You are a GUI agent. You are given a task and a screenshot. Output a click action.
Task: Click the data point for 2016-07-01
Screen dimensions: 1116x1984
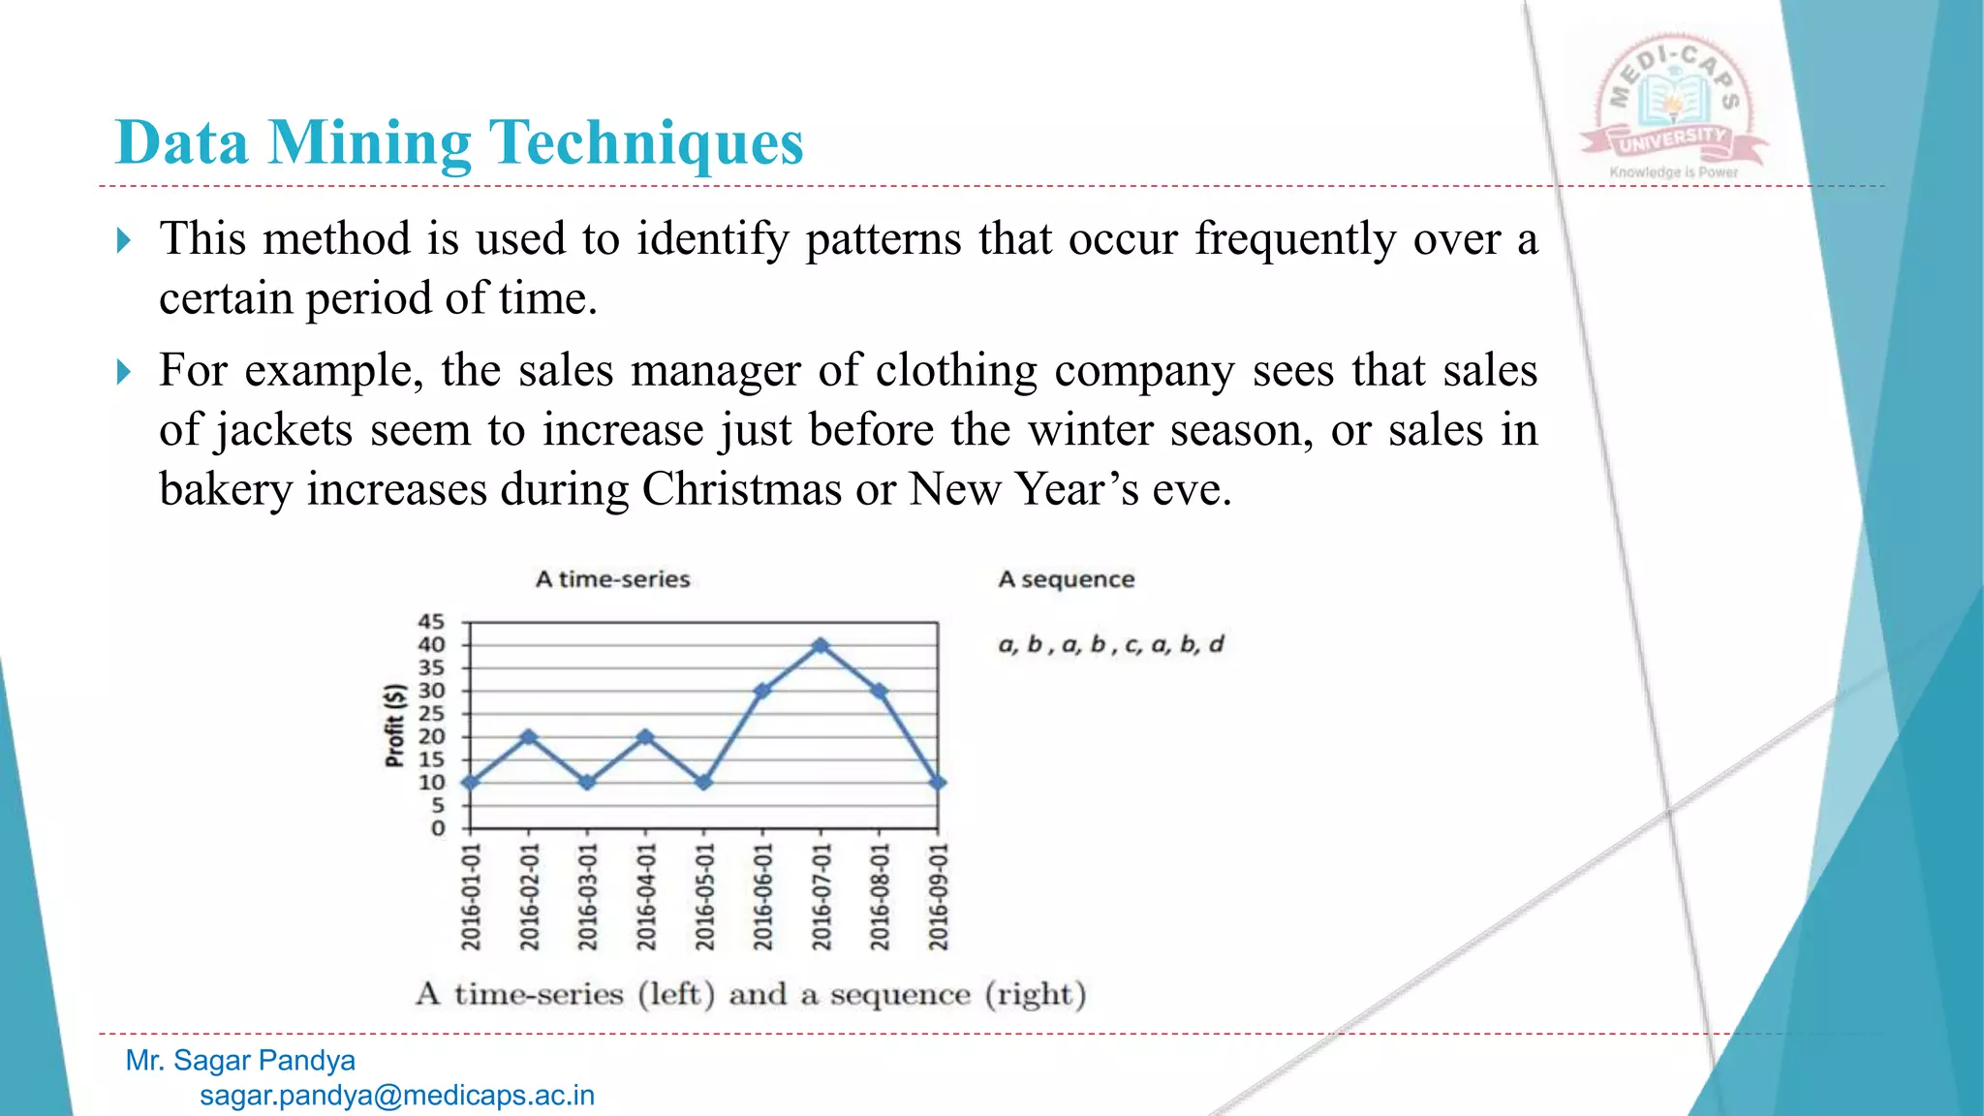[x=821, y=645]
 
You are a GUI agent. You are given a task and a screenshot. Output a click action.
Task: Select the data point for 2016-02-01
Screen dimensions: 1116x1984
[x=529, y=736]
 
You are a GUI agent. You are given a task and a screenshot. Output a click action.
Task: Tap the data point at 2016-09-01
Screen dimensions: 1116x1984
[x=938, y=782]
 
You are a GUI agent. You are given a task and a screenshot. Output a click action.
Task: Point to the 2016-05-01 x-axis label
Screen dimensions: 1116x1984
[x=704, y=896]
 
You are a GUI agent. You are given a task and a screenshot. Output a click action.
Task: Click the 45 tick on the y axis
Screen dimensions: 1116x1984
[x=431, y=622]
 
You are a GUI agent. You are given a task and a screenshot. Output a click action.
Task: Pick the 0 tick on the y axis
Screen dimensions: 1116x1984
[x=438, y=828]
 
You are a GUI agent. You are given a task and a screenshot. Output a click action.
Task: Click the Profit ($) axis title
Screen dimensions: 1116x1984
[x=394, y=726]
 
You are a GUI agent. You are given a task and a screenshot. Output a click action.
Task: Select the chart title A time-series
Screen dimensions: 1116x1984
[x=612, y=579]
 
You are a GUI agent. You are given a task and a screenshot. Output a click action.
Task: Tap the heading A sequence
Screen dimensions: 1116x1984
[x=1066, y=579]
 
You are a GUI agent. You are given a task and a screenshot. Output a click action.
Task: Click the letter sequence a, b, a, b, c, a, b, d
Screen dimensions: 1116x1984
[x=1111, y=644]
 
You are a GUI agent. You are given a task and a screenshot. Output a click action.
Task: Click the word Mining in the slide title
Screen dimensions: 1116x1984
[x=370, y=142]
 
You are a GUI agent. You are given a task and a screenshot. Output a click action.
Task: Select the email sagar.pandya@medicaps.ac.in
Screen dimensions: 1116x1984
[x=397, y=1096]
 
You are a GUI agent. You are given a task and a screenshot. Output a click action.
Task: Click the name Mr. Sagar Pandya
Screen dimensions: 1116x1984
[x=240, y=1061]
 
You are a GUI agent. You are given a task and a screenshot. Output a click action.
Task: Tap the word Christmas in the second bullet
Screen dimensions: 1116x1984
[x=742, y=488]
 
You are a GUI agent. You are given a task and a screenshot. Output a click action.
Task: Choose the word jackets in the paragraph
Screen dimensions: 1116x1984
[x=284, y=429]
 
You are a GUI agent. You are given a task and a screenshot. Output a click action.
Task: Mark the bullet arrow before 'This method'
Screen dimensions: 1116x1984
[x=124, y=239]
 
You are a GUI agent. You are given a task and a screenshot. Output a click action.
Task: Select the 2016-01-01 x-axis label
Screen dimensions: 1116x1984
[x=471, y=896]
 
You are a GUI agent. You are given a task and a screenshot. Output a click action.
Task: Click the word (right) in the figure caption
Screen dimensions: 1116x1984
[x=1035, y=994]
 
